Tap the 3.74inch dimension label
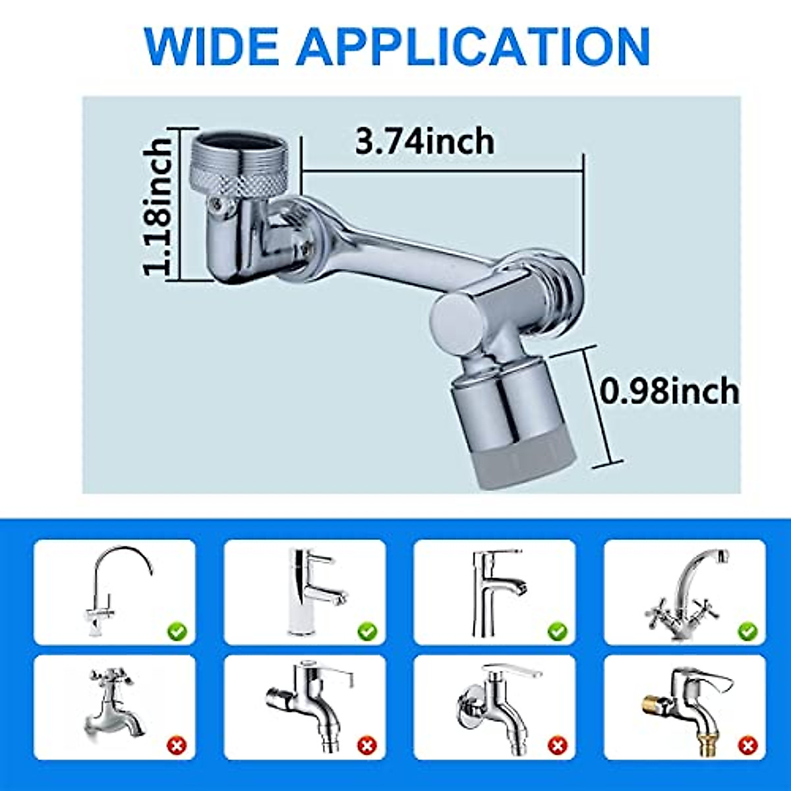(425, 142)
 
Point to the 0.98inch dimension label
(670, 392)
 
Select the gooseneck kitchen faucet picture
(112, 587)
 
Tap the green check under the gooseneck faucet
(177, 632)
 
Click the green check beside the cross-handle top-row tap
(747, 632)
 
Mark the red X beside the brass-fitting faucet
(747, 746)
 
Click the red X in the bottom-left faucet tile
(177, 746)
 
